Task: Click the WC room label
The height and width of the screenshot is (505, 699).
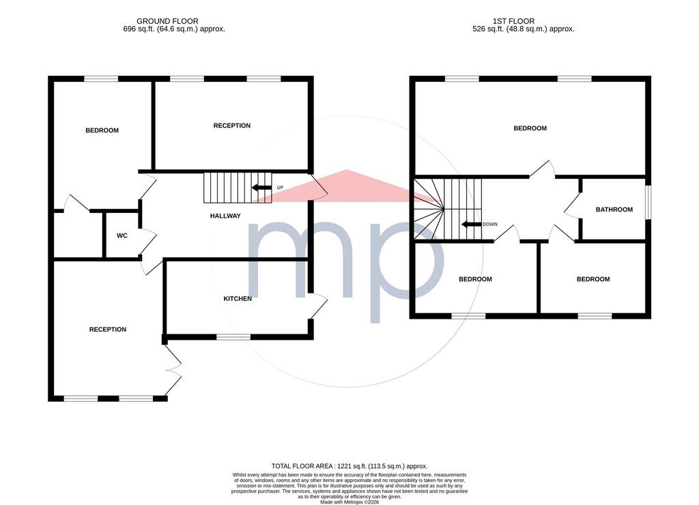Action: (122, 235)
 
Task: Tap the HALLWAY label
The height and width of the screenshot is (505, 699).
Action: (225, 216)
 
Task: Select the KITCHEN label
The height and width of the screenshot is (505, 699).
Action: (238, 299)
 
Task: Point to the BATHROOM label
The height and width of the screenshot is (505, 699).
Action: (614, 210)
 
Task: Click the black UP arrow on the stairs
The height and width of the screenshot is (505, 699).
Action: (261, 188)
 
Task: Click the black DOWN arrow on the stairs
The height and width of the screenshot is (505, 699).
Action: (471, 225)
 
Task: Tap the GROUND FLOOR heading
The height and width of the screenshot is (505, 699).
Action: (168, 21)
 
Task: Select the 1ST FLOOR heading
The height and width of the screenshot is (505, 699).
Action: (513, 21)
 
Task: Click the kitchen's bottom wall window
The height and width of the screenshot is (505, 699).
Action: (233, 337)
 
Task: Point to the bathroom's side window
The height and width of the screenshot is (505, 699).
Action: (648, 203)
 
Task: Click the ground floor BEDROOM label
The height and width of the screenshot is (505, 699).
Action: (102, 130)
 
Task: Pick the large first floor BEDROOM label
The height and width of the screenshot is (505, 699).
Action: (530, 128)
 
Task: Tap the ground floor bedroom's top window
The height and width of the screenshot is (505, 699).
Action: (101, 79)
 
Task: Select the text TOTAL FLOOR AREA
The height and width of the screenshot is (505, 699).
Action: (302, 466)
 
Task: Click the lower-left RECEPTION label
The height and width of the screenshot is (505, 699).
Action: (108, 330)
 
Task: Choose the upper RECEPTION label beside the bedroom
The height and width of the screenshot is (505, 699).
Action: (232, 126)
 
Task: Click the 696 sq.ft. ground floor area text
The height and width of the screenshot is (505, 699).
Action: (174, 29)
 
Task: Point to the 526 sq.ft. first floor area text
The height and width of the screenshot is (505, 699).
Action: (524, 29)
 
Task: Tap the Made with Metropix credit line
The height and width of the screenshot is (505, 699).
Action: (349, 502)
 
